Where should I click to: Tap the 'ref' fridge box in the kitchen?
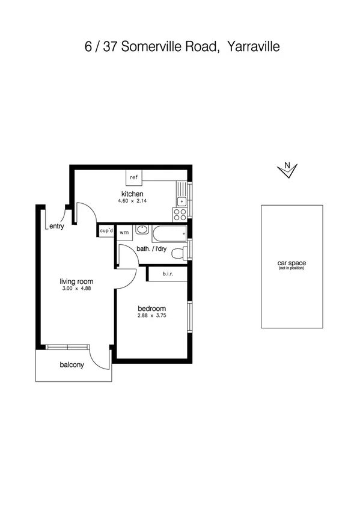pos(133,177)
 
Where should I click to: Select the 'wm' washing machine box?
pos(124,232)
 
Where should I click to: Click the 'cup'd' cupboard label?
pos(106,231)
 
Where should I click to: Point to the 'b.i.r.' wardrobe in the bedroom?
pos(167,275)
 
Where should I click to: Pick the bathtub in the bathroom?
pos(169,233)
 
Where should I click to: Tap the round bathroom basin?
pos(142,230)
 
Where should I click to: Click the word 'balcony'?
pos(72,365)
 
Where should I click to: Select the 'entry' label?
pos(56,226)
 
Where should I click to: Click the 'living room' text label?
pos(76,281)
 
